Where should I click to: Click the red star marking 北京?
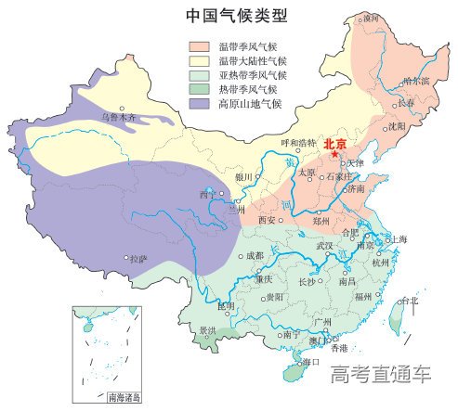point(334,154)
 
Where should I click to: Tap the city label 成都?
point(255,255)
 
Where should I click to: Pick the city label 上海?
point(399,238)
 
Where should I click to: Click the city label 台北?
point(410,301)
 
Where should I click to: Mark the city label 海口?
point(311,361)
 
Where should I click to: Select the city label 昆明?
point(226,304)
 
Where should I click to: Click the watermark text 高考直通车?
point(381,375)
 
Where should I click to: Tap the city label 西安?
point(267,220)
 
